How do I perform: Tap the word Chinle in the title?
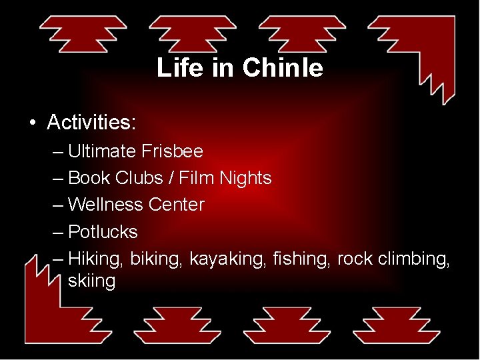click(283, 68)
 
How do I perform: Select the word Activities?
click(91, 122)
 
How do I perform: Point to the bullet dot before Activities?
click(31, 123)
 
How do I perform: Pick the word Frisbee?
click(172, 151)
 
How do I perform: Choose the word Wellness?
click(105, 205)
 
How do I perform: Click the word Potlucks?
click(103, 232)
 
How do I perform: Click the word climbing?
click(414, 259)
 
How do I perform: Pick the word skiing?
click(91, 281)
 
